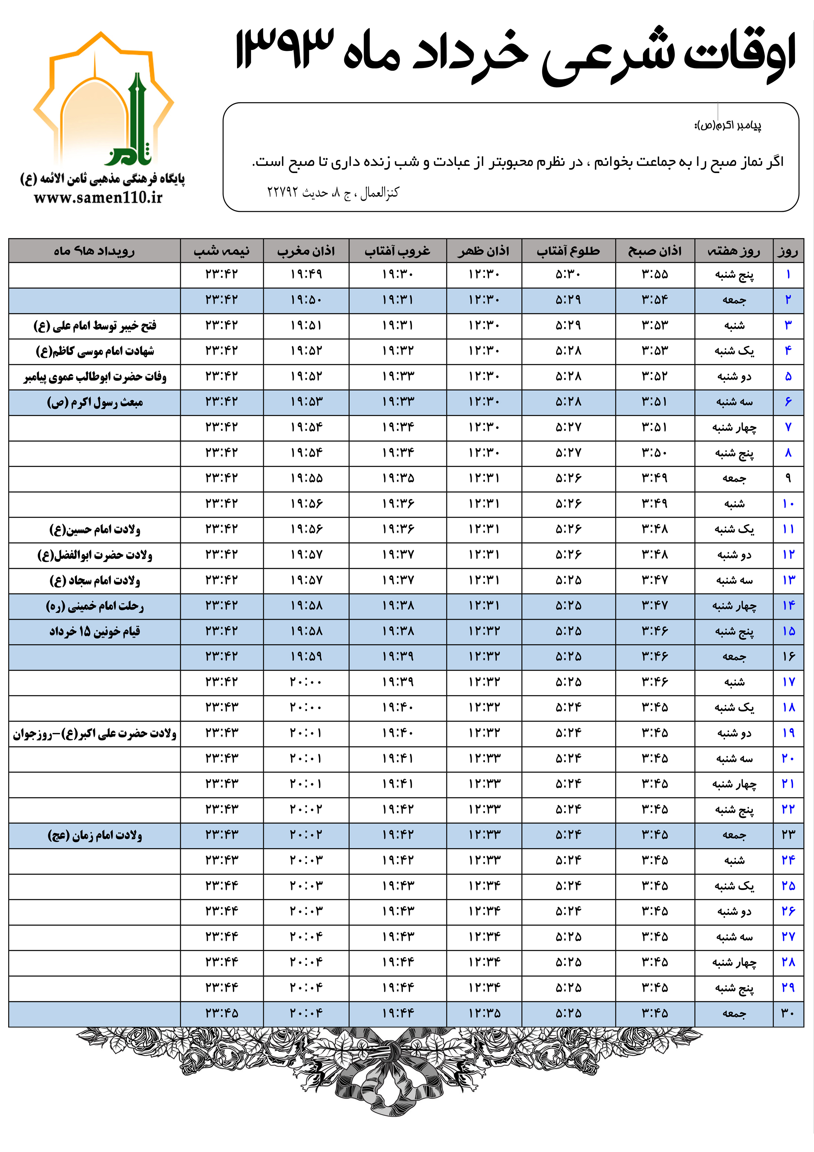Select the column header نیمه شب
pyautogui.click(x=221, y=251)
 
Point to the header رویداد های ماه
pyautogui.click(x=94, y=251)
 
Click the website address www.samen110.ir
pyautogui.click(x=98, y=198)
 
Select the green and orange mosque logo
pyautogui.click(x=103, y=100)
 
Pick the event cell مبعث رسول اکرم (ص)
pyautogui.click(x=95, y=402)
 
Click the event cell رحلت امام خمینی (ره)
pyautogui.click(x=95, y=606)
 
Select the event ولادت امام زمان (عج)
pyautogui.click(x=95, y=835)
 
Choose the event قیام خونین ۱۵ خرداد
pyautogui.click(x=95, y=631)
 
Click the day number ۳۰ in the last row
pyautogui.click(x=788, y=1013)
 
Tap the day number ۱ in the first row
pyautogui.click(x=788, y=275)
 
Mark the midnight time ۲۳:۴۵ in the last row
pyautogui.click(x=221, y=1013)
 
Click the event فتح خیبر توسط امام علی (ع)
pyautogui.click(x=95, y=326)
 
